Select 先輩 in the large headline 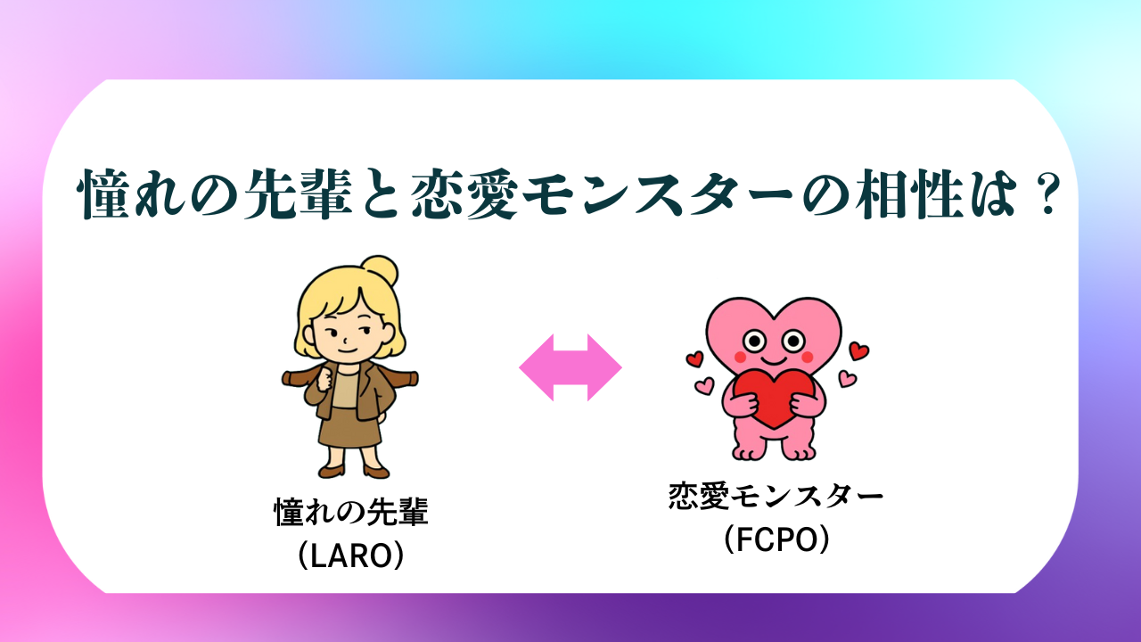click(299, 194)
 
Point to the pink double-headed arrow click(570, 367)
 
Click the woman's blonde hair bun click(380, 270)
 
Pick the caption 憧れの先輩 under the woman click(351, 511)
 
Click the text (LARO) click(351, 555)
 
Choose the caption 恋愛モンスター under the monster click(776, 495)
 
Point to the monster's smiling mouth click(774, 360)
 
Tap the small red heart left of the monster click(694, 358)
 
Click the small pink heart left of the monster click(704, 385)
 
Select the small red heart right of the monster click(858, 350)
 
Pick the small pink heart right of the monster click(848, 379)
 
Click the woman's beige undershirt click(345, 390)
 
